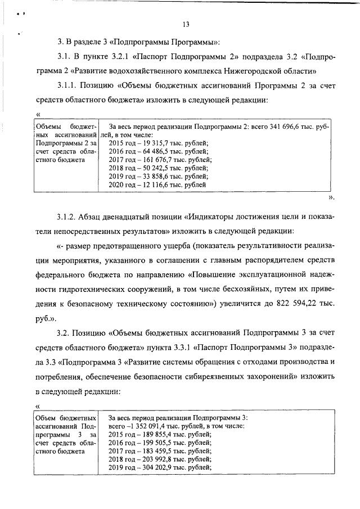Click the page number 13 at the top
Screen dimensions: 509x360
pyautogui.click(x=186, y=23)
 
